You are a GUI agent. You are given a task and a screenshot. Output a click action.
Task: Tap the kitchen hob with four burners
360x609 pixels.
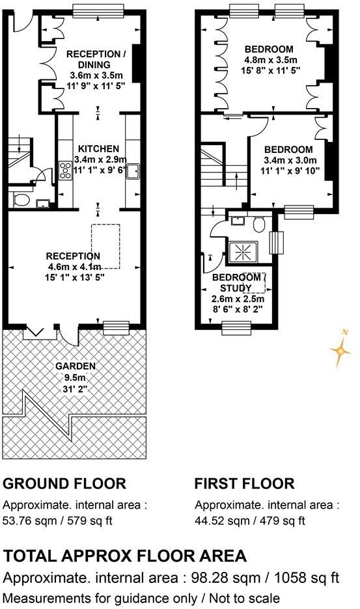[x=66, y=170]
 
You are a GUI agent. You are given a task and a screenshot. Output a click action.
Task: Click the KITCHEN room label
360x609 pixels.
[x=97, y=148]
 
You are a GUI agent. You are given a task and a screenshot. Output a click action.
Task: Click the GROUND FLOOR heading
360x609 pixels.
[x=64, y=483]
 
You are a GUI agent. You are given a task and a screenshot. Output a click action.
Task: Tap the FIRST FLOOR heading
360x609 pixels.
[x=244, y=483]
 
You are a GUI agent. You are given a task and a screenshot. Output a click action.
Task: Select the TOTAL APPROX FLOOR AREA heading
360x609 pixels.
[x=125, y=556]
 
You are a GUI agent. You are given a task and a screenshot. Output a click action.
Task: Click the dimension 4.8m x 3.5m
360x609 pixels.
[x=269, y=60]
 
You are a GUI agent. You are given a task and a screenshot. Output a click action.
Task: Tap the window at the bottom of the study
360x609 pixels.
[x=236, y=329]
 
